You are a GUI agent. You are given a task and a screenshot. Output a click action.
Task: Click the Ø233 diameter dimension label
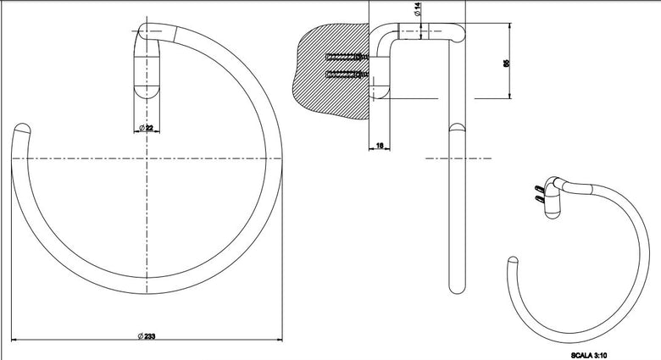coord(147,336)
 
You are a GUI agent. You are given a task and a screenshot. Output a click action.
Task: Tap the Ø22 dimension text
coord(147,127)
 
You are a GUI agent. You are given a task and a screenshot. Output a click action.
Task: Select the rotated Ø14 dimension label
coord(418,9)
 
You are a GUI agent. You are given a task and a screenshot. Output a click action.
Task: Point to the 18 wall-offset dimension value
coord(380,146)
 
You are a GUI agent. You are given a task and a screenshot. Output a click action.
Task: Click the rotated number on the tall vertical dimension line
coord(506,63)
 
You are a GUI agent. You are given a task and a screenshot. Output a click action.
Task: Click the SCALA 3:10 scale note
coord(589,356)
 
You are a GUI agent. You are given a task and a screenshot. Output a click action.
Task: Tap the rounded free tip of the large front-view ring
coord(21,128)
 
